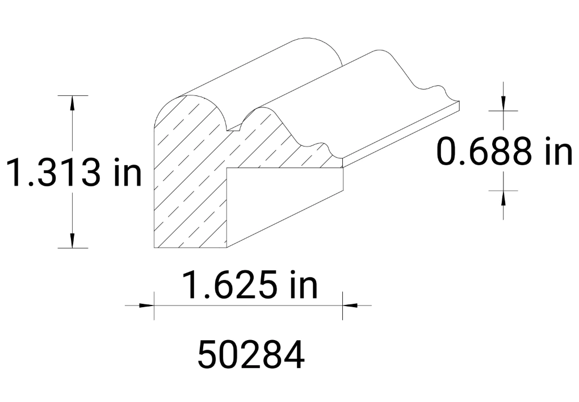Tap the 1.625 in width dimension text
coord(249,286)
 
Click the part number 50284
coord(251,355)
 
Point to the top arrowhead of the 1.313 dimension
coord(73,103)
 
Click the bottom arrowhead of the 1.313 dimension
coord(73,241)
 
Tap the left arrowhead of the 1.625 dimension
coord(146,305)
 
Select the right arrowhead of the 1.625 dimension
coord(350,305)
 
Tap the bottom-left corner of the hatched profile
coord(156,248)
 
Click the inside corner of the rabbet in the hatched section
coord(228,169)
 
